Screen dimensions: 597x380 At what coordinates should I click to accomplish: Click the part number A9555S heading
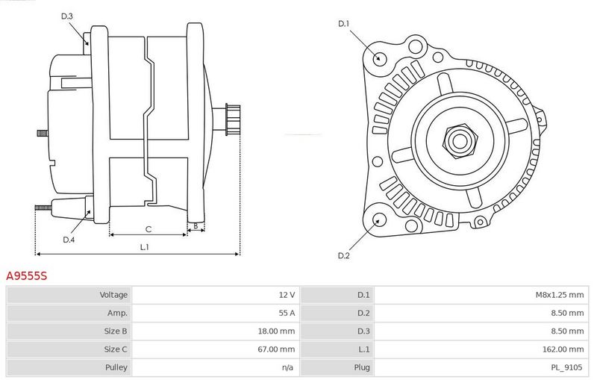(x=27, y=275)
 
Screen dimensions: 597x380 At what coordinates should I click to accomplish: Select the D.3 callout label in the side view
(x=66, y=16)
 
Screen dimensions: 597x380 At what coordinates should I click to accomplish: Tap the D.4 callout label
(x=69, y=240)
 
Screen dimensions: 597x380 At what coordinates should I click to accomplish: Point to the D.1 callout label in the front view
(x=343, y=24)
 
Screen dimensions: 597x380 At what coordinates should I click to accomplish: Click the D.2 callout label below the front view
(x=343, y=255)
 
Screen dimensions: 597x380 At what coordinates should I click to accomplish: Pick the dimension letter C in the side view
(x=149, y=229)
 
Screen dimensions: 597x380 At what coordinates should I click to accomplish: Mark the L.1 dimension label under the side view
(x=144, y=247)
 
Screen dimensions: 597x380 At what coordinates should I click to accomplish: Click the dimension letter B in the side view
(x=196, y=226)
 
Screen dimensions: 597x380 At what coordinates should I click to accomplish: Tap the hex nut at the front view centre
(x=460, y=141)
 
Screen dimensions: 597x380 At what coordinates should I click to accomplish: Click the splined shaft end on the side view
(x=233, y=119)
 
